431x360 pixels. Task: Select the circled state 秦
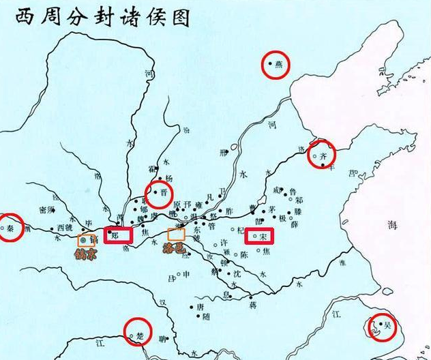pos(11,226)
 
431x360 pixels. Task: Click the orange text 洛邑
pos(176,249)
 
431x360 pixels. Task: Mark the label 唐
pos(200,307)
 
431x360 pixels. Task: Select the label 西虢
pos(65,228)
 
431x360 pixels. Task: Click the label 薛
pos(294,224)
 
